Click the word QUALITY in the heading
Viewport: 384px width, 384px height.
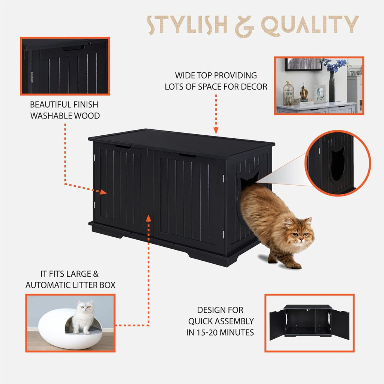click(x=310, y=25)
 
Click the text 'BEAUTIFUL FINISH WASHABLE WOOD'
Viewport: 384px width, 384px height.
click(x=65, y=110)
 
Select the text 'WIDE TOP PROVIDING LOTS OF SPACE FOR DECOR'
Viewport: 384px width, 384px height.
click(x=216, y=81)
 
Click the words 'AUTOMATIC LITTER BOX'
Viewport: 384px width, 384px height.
click(x=70, y=285)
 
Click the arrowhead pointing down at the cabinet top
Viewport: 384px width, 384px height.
click(x=216, y=130)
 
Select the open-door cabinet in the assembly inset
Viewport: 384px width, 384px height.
click(x=309, y=322)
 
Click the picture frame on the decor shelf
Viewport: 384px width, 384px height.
click(x=319, y=94)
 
